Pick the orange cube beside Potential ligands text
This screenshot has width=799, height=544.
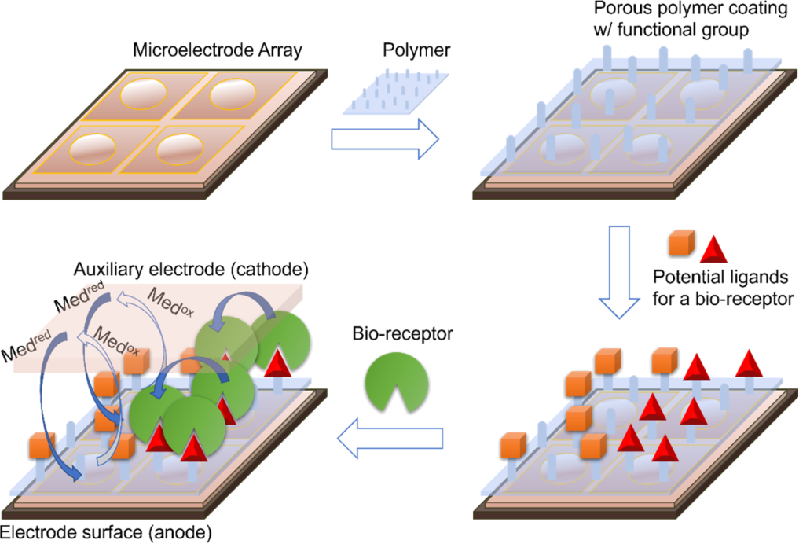pos(678,246)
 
